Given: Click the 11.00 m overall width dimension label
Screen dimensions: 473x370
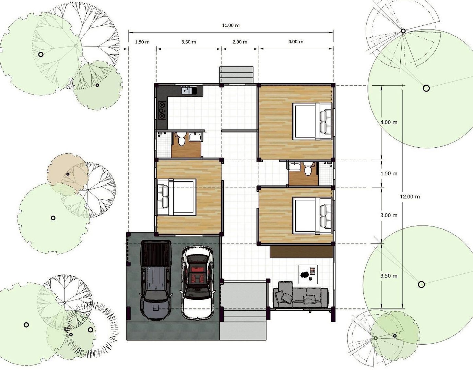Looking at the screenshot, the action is tap(231, 25).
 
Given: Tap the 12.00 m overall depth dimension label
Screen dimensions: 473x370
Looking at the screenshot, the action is tap(410, 197).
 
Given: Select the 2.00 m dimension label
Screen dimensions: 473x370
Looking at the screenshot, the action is tap(240, 42).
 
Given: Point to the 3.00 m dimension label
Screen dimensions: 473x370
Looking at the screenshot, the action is tap(389, 215).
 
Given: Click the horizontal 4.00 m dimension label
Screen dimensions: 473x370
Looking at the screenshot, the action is tap(296, 41).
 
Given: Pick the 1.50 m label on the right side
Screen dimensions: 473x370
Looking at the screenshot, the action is tap(389, 173).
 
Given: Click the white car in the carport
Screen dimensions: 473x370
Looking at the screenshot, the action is tap(197, 282).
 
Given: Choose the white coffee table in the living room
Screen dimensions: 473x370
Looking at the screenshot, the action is tap(308, 274).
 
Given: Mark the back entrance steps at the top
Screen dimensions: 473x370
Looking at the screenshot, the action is tap(236, 75).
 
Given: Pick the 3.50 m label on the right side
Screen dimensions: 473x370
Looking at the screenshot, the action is tap(389, 276).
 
